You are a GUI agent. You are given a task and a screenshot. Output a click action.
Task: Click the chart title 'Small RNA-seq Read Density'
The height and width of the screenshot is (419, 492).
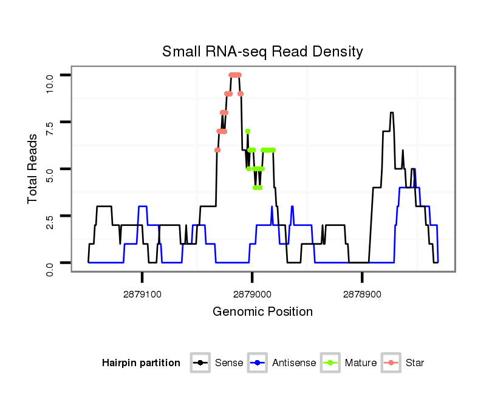[262, 52]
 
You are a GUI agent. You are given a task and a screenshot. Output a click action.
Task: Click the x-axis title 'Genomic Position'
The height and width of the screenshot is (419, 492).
[262, 312]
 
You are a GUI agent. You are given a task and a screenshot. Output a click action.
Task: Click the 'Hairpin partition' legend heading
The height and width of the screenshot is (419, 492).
[141, 363]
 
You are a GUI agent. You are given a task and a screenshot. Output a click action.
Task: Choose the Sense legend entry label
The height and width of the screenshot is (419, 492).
[229, 363]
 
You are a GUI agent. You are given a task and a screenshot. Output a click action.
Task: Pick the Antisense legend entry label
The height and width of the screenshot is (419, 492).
[294, 363]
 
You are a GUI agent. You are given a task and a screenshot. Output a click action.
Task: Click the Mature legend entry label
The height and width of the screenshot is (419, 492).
[361, 363]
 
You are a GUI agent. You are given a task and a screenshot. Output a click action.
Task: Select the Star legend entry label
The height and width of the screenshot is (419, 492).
[415, 363]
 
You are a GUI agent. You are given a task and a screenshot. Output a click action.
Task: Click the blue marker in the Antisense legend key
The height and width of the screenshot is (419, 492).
[258, 363]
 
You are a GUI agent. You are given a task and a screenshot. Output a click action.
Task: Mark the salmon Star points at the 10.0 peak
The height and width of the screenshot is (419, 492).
[235, 75]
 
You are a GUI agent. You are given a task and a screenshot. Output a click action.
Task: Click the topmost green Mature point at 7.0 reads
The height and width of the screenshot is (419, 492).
[248, 131]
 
